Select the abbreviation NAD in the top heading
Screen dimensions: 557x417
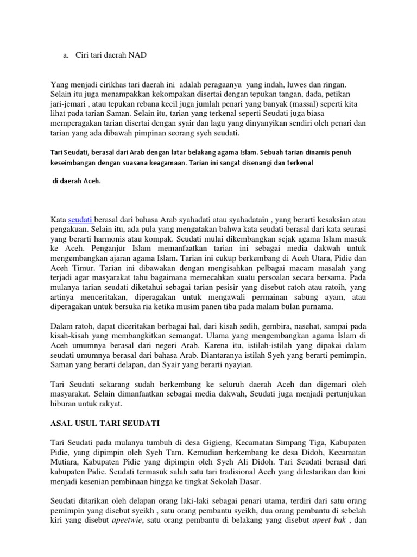(137, 55)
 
